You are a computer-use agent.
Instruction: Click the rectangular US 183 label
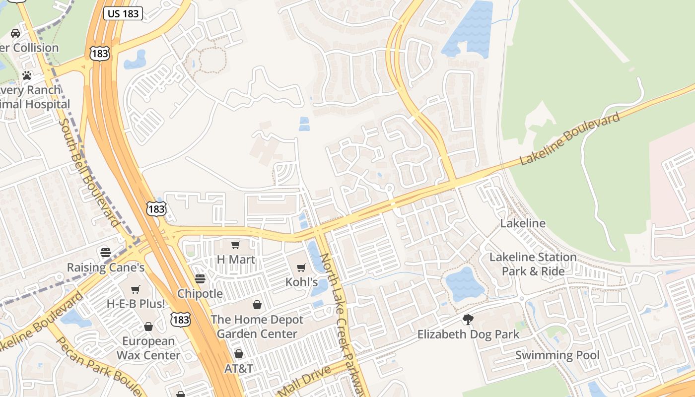[x=123, y=13]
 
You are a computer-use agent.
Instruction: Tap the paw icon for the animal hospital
[x=27, y=76]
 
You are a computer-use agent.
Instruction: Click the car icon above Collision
[x=15, y=33]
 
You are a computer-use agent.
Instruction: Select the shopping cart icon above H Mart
[x=236, y=245]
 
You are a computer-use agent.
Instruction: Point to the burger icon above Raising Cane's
[x=105, y=252]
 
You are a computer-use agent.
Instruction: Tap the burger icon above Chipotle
[x=200, y=279]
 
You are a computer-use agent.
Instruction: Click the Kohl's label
[x=301, y=282]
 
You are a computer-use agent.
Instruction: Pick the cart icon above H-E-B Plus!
[x=136, y=289]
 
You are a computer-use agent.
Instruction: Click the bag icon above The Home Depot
[x=257, y=305]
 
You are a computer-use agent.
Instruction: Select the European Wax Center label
[x=148, y=348]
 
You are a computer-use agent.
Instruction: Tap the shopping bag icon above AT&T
[x=239, y=354]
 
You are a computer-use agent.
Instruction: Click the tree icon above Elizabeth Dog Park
[x=468, y=320]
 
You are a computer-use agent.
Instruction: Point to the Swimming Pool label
[x=557, y=355]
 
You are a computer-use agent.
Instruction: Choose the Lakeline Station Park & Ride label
[x=533, y=264]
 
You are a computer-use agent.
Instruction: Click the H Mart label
[x=236, y=260]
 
